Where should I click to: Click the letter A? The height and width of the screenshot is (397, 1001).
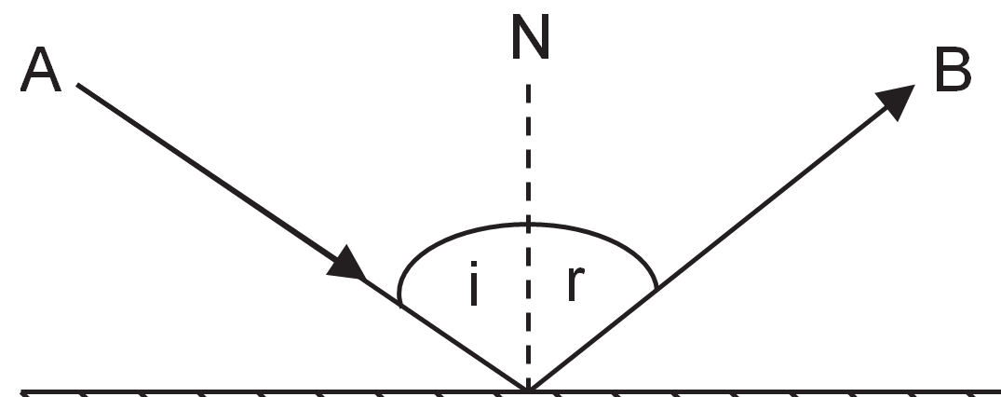[x=41, y=69]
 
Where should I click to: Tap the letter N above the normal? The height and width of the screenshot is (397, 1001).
[x=531, y=37]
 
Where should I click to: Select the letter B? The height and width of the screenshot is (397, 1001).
[x=954, y=69]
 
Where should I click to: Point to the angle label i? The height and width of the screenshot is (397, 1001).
[x=473, y=283]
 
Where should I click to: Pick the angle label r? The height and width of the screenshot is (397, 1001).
[x=575, y=284]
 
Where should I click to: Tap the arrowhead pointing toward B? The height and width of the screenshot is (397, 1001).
[x=896, y=101]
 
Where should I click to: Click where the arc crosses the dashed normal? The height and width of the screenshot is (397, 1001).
[x=529, y=225]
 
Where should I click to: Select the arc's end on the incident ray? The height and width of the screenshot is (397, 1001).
[x=401, y=305]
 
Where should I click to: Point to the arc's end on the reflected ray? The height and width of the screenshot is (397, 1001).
[x=656, y=289]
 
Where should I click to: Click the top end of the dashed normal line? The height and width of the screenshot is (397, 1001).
[x=529, y=85]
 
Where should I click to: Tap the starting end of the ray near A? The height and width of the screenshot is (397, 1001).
[x=77, y=85]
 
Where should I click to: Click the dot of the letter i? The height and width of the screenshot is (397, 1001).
[x=473, y=265]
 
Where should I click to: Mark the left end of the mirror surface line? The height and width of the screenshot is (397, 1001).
[x=21, y=390]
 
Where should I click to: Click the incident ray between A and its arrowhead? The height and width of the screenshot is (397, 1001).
[x=208, y=173]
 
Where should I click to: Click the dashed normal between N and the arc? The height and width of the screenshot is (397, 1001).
[x=529, y=154]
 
